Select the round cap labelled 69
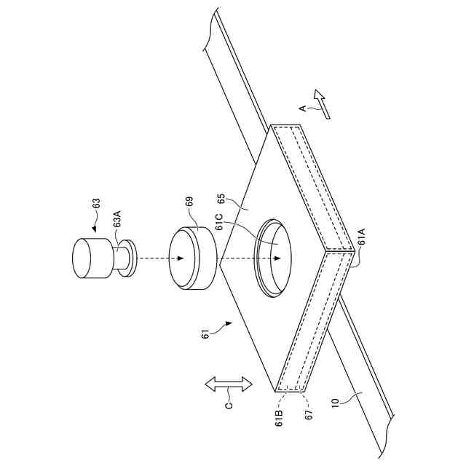pos(192,258)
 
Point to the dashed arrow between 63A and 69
pos(154,258)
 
